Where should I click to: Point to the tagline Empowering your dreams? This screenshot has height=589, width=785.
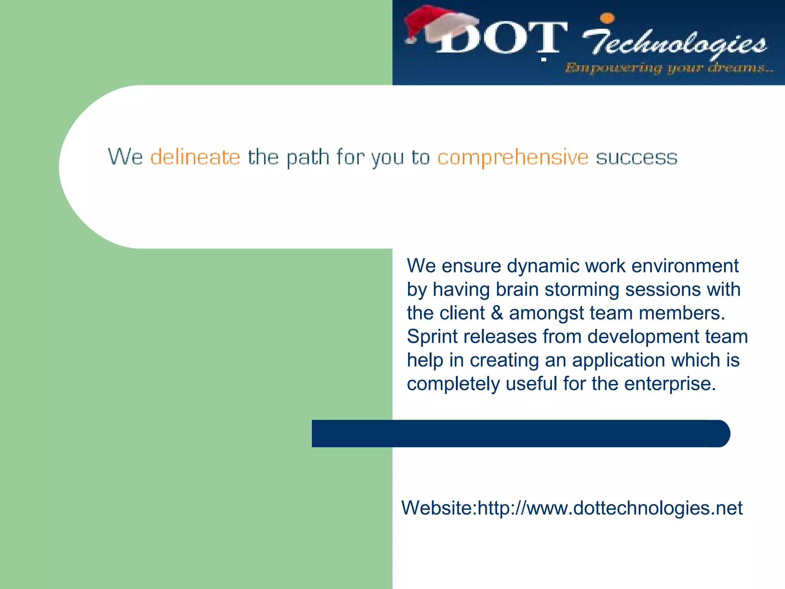tap(669, 68)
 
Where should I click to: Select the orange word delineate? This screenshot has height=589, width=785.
tap(195, 157)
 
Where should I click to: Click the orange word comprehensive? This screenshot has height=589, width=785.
tap(512, 157)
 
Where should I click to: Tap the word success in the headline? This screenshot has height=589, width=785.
tap(636, 158)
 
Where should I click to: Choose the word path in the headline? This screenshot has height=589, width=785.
tap(308, 158)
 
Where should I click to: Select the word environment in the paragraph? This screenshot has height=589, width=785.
tap(685, 266)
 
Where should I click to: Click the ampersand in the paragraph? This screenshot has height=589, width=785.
tap(497, 313)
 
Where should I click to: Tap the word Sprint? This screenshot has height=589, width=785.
tap(432, 337)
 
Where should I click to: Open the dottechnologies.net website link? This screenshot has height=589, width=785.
tap(610, 508)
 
